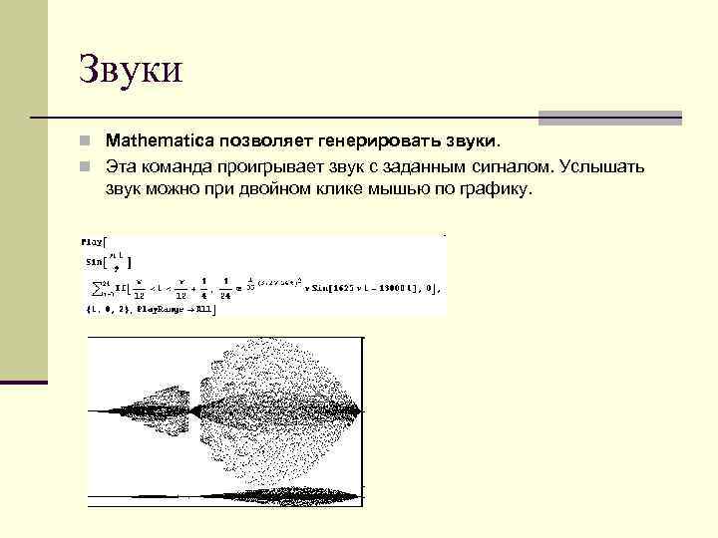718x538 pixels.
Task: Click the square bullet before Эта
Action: tap(89, 164)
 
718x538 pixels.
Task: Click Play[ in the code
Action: tap(96, 241)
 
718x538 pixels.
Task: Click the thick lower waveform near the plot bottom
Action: tap(279, 494)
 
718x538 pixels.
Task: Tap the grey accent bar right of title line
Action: tap(609, 118)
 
